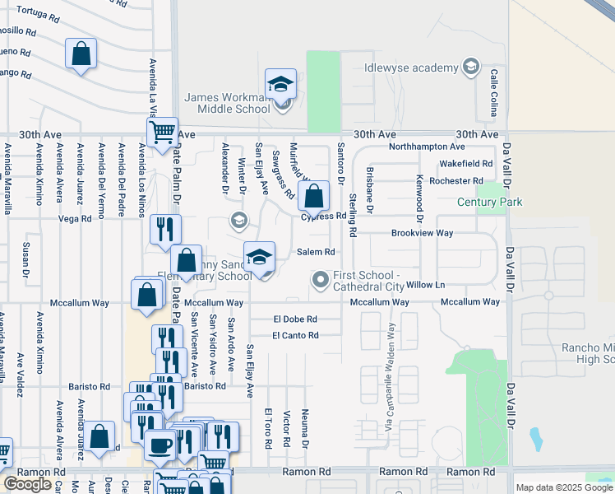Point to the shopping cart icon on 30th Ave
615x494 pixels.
tap(163, 131)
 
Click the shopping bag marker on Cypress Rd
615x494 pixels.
tap(313, 197)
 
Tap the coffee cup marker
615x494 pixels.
tap(160, 445)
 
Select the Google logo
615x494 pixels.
tap(27, 483)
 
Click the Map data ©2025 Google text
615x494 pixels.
tap(564, 487)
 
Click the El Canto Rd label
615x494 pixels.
tap(295, 335)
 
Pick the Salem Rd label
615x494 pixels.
tap(314, 252)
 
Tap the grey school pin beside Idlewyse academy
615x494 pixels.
tap(471, 67)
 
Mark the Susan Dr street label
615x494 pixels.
tap(27, 259)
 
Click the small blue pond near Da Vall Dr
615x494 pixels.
tap(537, 440)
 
